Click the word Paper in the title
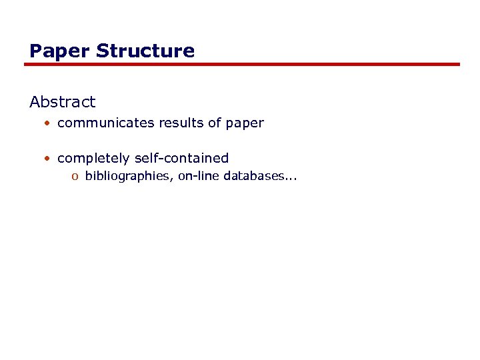coord(60,51)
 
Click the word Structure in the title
coord(145,51)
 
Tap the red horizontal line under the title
coord(243,65)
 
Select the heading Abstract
coord(63,102)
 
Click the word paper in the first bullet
coord(245,124)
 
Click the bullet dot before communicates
coord(48,123)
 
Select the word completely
coord(93,159)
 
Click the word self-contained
coord(181,158)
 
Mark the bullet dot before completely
coord(48,159)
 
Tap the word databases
coord(253,177)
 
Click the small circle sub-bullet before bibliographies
coord(75,177)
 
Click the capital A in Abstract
coord(35,102)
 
